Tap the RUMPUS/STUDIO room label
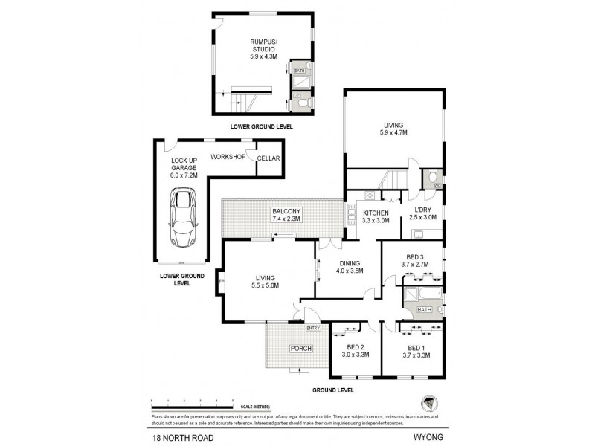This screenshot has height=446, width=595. [x=263, y=48]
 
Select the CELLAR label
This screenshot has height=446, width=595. [x=267, y=158]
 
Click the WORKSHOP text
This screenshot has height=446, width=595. [x=228, y=157]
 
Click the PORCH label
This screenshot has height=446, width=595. [x=300, y=349]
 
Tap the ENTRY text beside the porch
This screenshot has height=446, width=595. [x=312, y=328]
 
